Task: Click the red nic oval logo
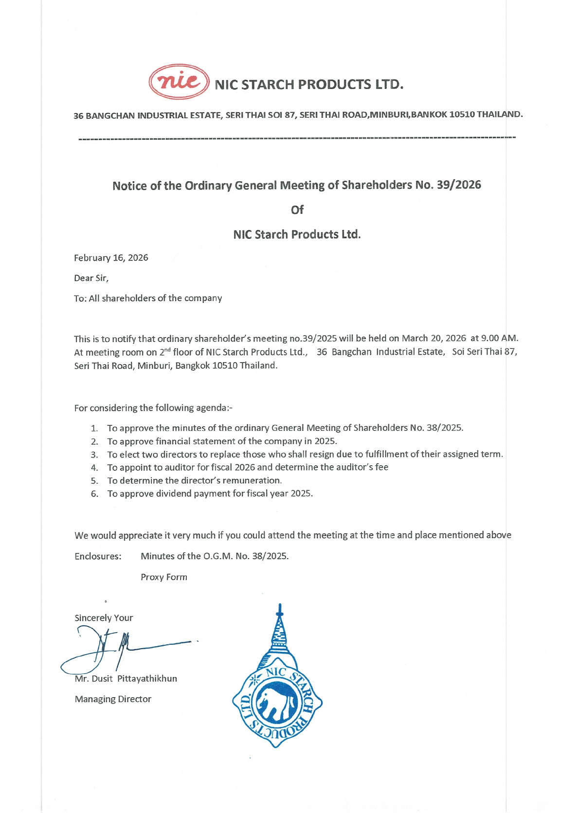click(x=179, y=82)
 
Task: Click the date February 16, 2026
click(x=111, y=258)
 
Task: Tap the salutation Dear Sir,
click(x=91, y=278)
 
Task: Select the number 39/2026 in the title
click(x=459, y=185)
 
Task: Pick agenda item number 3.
click(x=94, y=455)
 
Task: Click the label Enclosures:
click(x=98, y=556)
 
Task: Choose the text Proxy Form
click(x=164, y=577)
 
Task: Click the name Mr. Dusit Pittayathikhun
click(x=126, y=679)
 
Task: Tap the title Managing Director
click(x=113, y=699)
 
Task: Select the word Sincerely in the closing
click(x=93, y=618)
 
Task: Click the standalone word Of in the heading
click(x=297, y=210)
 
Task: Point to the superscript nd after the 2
click(x=168, y=349)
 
